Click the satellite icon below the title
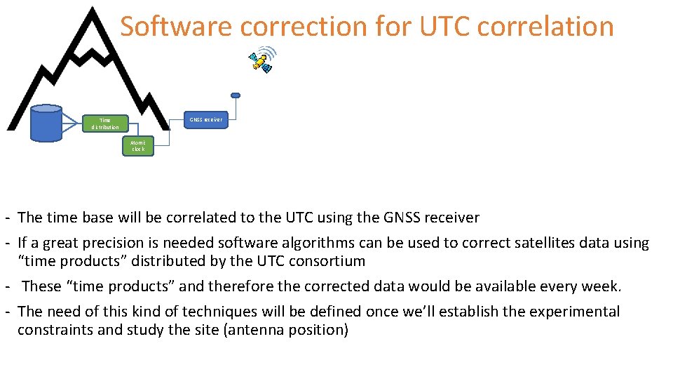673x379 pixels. pos(262,61)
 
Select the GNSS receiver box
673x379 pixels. pos(205,119)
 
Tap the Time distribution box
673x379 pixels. pos(105,124)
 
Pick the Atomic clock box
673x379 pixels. pos(137,146)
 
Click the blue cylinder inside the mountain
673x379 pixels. pos(47,124)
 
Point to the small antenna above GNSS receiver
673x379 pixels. pos(236,95)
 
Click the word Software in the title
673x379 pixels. pos(175,27)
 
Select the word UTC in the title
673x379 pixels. pos(447,27)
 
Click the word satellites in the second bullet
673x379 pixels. pos(541,243)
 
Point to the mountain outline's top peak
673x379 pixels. pos(90,10)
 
